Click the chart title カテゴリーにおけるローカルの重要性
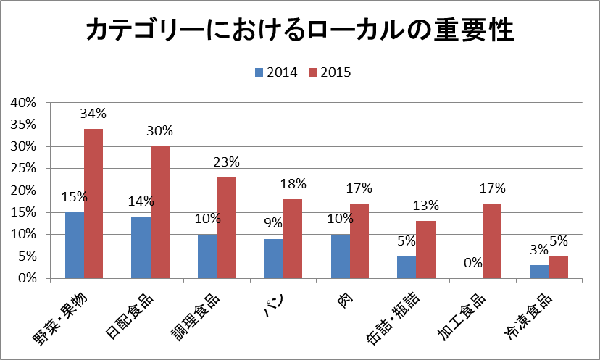click(x=300, y=31)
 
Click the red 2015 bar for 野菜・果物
click(x=93, y=204)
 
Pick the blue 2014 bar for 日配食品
click(x=141, y=247)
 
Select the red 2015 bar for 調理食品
click(x=226, y=227)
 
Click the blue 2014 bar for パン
click(x=274, y=258)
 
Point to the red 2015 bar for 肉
click(x=359, y=240)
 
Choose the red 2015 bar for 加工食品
click(x=491, y=240)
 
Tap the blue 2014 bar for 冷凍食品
click(x=539, y=272)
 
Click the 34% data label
click(x=93, y=114)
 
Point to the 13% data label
click(x=425, y=206)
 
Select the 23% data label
click(x=226, y=162)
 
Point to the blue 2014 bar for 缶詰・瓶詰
click(x=407, y=267)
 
